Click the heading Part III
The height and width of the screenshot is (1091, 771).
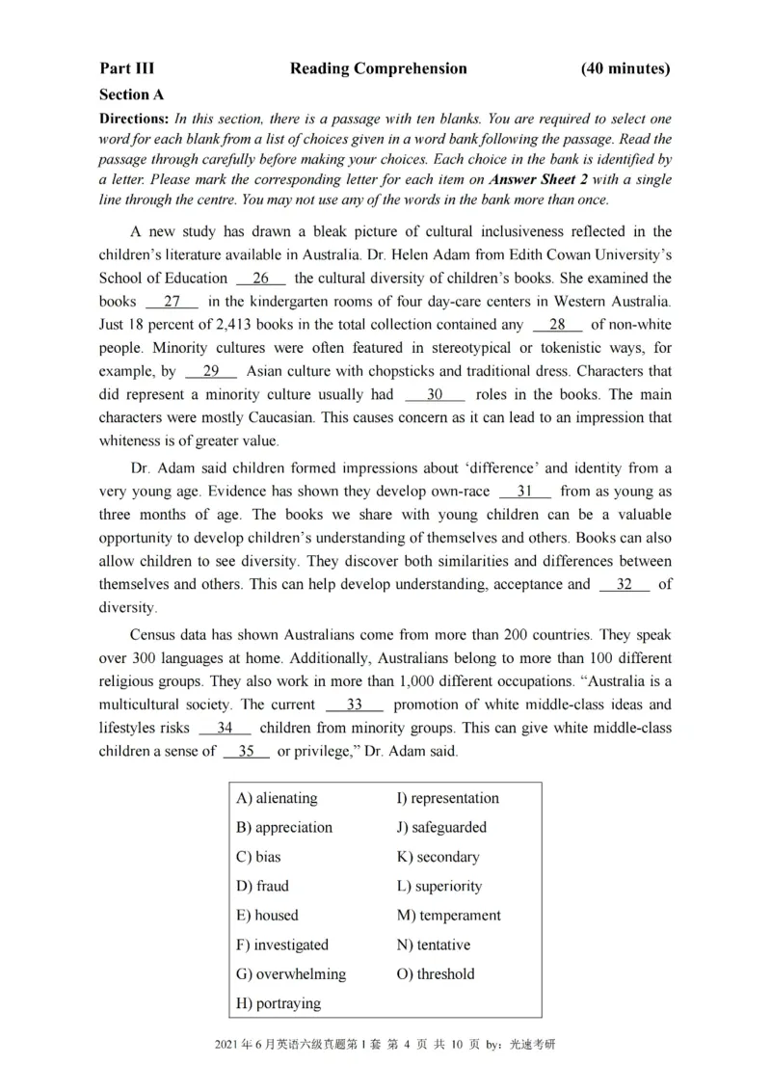[126, 68]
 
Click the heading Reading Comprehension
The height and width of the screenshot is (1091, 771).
[378, 68]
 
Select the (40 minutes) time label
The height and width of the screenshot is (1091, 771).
[625, 68]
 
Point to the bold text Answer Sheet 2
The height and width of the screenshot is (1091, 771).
[537, 180]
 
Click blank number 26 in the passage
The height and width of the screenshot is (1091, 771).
[260, 279]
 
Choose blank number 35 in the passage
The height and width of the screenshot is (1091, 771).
[246, 751]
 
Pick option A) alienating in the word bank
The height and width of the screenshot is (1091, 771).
[277, 798]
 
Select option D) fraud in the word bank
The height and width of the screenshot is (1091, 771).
[262, 886]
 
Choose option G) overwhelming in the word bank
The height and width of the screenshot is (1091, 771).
[290, 973]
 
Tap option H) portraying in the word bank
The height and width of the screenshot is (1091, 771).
[279, 1003]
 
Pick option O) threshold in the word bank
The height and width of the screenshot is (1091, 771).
[436, 973]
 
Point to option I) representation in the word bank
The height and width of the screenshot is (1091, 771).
[448, 798]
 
